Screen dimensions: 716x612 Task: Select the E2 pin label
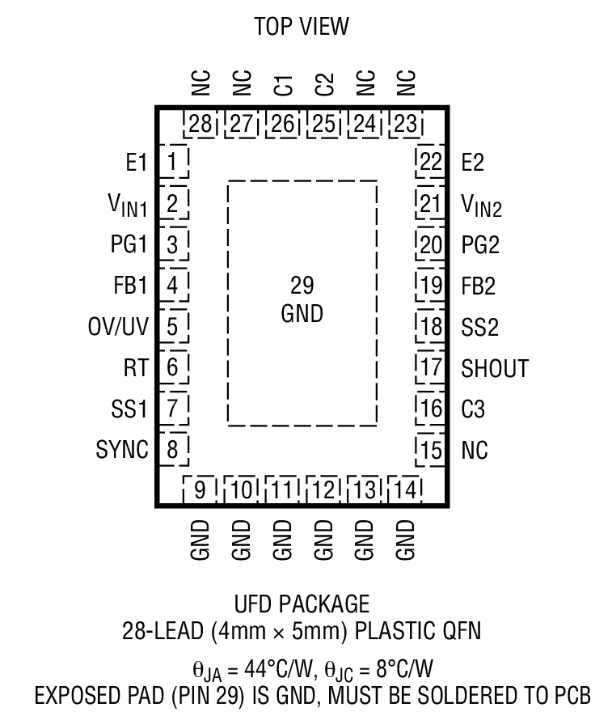(x=472, y=163)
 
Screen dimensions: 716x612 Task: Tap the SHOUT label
(x=494, y=369)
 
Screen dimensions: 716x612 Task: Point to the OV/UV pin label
(x=118, y=327)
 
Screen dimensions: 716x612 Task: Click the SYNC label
(x=122, y=450)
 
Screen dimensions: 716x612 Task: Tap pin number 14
(x=406, y=490)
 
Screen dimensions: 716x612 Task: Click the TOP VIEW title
(x=302, y=27)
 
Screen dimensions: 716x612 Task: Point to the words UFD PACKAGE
(x=302, y=604)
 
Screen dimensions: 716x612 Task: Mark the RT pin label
(x=137, y=369)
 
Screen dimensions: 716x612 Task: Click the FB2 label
(x=478, y=286)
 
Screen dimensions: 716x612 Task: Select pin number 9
(x=200, y=490)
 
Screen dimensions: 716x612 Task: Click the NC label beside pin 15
(x=475, y=451)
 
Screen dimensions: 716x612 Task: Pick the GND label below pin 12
(x=323, y=540)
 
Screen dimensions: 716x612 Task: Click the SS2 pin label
(x=478, y=328)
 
